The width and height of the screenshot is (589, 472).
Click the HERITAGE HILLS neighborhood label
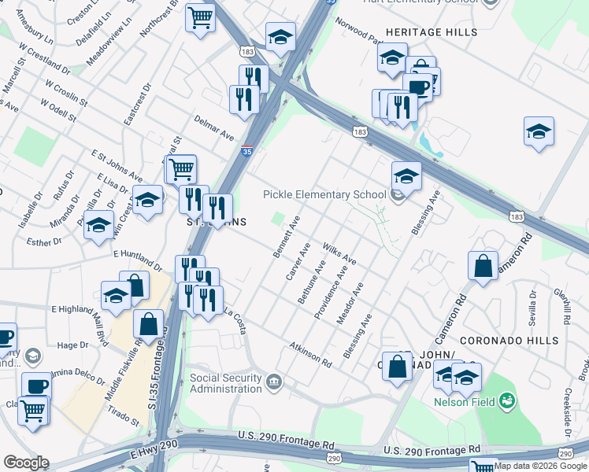click(431, 32)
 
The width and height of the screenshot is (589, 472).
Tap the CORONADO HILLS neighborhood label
click(509, 341)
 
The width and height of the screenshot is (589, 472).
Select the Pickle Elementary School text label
click(324, 194)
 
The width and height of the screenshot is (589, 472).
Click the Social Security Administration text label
click(226, 383)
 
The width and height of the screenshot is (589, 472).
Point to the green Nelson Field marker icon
click(507, 401)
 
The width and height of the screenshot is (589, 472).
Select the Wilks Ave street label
click(339, 253)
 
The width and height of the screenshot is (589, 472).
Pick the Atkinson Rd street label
click(309, 352)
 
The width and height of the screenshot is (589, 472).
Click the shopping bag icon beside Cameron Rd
click(483, 266)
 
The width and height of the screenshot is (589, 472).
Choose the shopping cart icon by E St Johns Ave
click(181, 168)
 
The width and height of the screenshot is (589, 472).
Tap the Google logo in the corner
click(26, 463)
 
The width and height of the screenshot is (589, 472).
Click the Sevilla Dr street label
click(534, 306)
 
